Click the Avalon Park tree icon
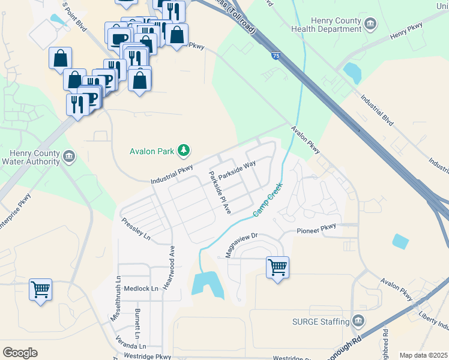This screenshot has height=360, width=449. pyautogui.click(x=184, y=150)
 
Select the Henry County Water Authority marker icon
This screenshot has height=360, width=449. pyautogui.click(x=68, y=157)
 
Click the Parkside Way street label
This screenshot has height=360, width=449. pyautogui.click(x=237, y=170)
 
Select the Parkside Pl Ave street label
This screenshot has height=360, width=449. pyautogui.click(x=219, y=192)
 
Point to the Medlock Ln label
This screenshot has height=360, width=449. pyautogui.click(x=142, y=288)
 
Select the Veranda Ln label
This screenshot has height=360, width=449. pyautogui.click(x=131, y=346)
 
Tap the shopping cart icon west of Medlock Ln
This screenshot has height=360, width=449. pyautogui.click(x=40, y=289)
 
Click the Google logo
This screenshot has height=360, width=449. pyautogui.click(x=20, y=353)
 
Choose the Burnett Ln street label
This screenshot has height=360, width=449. pyautogui.click(x=137, y=323)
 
